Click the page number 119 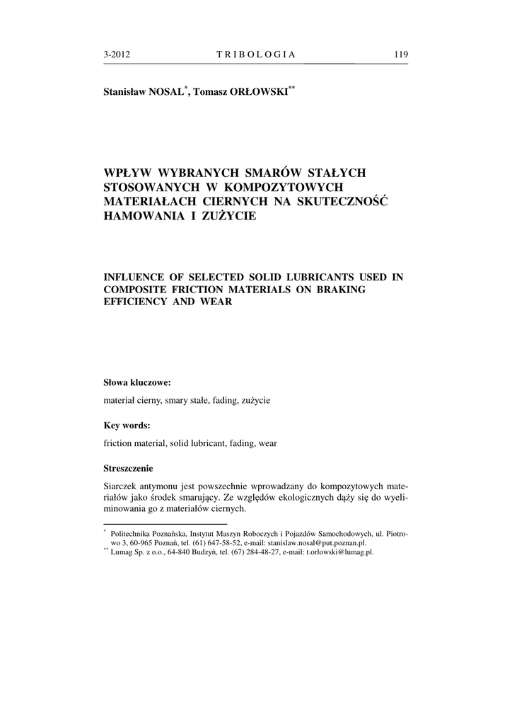401,55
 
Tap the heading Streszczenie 128,468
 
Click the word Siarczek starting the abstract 121,487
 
